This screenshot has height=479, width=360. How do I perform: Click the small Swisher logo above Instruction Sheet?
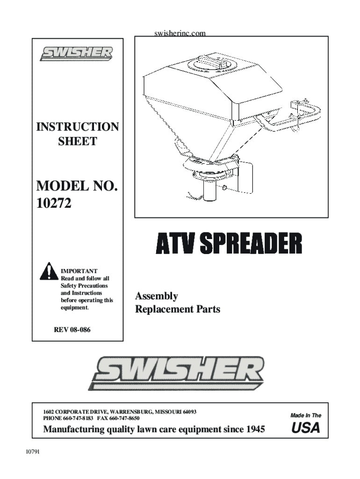pos(76,53)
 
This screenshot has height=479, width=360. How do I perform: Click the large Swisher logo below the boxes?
pos(177,373)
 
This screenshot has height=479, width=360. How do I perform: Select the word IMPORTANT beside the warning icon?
pos(79,271)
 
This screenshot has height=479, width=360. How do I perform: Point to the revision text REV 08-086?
pos(72,330)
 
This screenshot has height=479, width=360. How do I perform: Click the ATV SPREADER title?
pos(229,245)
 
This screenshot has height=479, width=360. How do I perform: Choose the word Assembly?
pos(156,297)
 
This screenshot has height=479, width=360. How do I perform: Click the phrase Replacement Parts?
pos(177,310)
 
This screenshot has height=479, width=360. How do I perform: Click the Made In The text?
pos(306,415)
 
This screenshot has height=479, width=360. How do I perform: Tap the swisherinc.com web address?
pos(180,34)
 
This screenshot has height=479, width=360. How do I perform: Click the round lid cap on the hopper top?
pos(210,63)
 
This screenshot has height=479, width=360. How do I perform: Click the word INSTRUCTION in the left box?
pos(78,127)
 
